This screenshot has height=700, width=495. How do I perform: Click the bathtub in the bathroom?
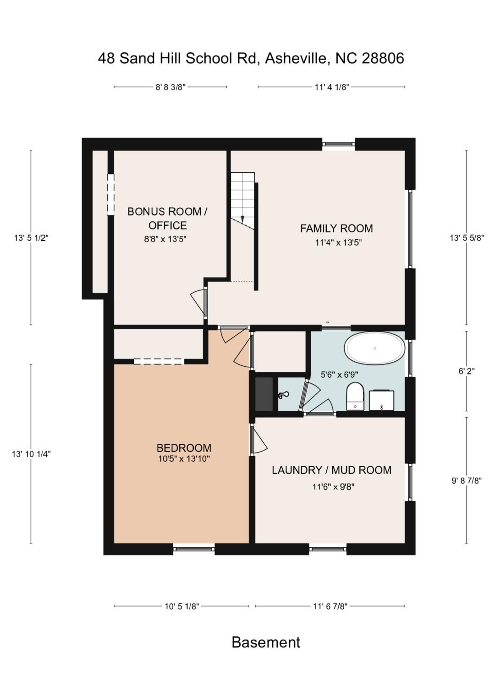click(x=375, y=348)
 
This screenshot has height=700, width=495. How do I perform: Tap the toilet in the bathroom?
click(x=355, y=397)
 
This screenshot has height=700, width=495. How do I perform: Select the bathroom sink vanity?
click(x=381, y=400)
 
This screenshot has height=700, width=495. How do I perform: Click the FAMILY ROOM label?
click(x=336, y=228)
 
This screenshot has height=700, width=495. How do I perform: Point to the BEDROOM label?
click(x=184, y=448)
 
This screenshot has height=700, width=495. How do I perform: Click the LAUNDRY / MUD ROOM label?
click(x=331, y=470)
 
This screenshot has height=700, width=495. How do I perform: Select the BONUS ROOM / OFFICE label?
click(x=167, y=218)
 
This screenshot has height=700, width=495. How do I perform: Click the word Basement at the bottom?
click(x=266, y=642)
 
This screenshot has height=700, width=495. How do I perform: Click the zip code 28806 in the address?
click(x=383, y=58)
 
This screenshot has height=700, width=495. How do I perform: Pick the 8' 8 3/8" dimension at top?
click(x=170, y=87)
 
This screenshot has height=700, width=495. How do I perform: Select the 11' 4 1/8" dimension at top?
click(x=332, y=87)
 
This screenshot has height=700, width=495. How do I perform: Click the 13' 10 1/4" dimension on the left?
click(x=31, y=454)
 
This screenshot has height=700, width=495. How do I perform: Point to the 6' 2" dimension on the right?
click(x=467, y=371)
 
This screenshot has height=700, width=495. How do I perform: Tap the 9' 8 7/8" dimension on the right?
click(x=467, y=480)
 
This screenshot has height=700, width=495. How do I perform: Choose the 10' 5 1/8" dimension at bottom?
click(x=181, y=606)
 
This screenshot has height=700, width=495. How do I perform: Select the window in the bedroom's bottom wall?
click(x=194, y=549)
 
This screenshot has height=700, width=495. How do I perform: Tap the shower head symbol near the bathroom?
click(x=283, y=395)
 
